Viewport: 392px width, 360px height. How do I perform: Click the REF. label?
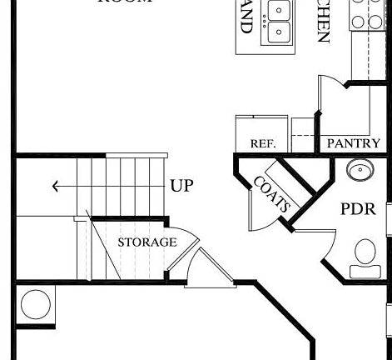coord(262,144)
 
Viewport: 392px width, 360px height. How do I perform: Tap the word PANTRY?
coord(353,143)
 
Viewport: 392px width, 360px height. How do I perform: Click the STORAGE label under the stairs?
coord(146,242)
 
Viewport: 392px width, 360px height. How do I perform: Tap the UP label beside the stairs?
coord(181,186)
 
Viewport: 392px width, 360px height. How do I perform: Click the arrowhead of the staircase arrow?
coord(56,187)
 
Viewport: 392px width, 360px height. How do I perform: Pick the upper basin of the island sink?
coord(279,12)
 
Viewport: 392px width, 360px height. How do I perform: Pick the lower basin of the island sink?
coord(279,33)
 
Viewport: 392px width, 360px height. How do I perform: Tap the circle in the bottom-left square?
coord(36,304)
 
